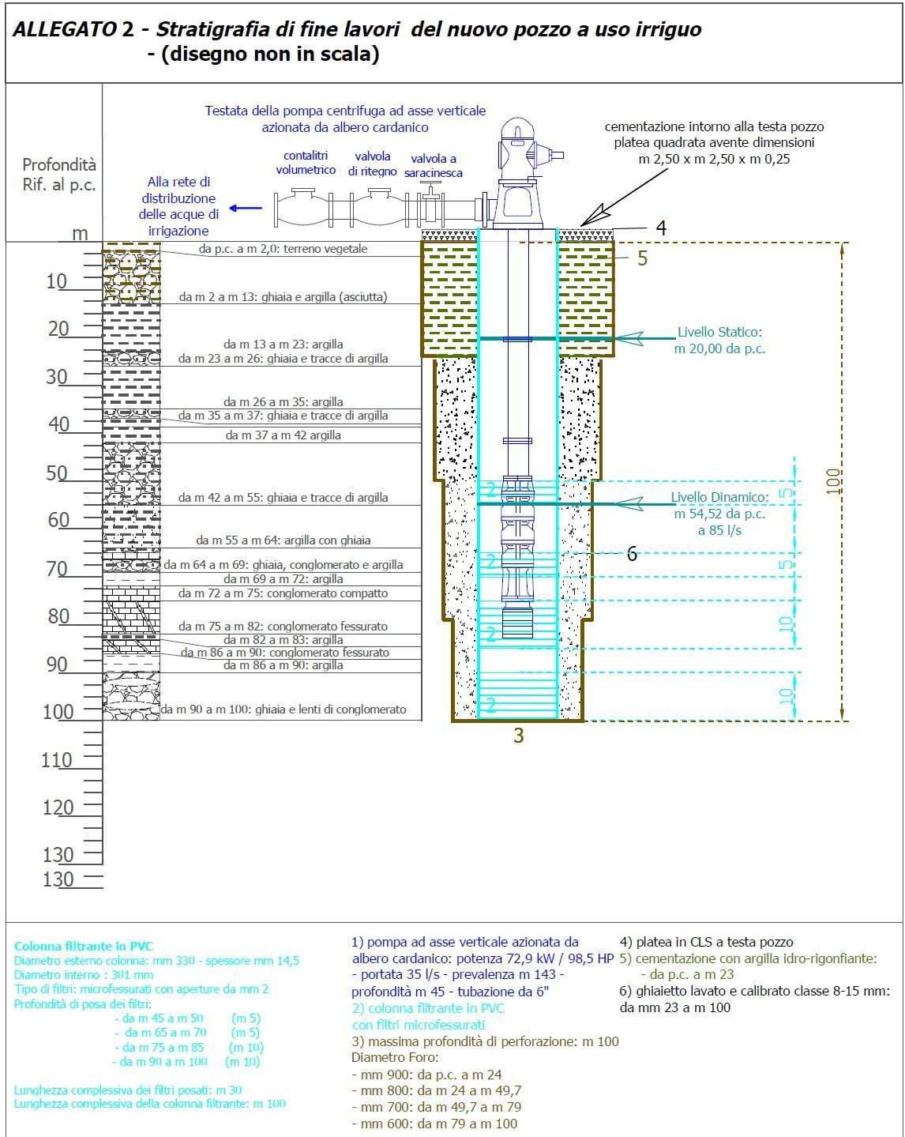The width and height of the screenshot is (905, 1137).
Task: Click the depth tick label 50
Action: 57,472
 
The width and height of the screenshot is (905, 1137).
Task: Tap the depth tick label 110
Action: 57,760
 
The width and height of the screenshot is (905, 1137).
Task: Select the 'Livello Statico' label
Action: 719,341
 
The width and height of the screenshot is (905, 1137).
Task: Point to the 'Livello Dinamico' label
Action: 719,514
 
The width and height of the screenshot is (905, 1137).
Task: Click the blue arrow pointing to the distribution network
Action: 246,208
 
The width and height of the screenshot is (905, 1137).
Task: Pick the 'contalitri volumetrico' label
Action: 306,163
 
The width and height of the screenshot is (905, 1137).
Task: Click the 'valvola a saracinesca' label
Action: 434,165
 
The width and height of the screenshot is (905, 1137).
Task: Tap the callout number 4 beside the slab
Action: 661,228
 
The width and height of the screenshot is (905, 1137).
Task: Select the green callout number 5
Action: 643,258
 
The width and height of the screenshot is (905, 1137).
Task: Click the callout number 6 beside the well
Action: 632,554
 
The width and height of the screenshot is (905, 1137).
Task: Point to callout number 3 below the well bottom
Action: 519,736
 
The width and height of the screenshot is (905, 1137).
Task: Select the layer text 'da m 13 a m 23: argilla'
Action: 283,344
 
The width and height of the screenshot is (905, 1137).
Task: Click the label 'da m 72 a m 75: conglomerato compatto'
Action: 283,593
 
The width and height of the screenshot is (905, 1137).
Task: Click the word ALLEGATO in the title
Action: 66,29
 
